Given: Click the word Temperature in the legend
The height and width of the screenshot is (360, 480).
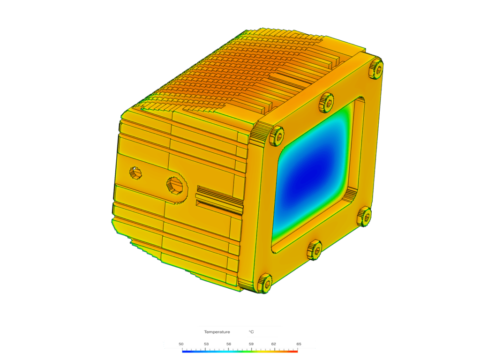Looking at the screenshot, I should (217, 332).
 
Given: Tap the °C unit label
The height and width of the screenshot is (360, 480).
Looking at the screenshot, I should (251, 332).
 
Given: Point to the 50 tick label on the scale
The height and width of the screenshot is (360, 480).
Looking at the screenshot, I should (181, 344).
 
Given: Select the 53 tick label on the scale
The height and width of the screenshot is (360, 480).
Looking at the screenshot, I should (206, 344).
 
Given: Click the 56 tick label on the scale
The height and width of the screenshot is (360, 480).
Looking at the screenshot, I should (229, 344).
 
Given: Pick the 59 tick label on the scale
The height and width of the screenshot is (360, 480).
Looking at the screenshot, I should (251, 344).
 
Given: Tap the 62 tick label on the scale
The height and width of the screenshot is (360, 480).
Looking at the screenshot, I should (274, 344).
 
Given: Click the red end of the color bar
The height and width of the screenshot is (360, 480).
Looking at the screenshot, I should (295, 351).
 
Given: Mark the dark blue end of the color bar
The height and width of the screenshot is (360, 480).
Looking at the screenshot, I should (184, 351).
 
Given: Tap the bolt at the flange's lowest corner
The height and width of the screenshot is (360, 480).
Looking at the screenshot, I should (265, 283).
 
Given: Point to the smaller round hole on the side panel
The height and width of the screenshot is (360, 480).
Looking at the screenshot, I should (135, 172).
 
